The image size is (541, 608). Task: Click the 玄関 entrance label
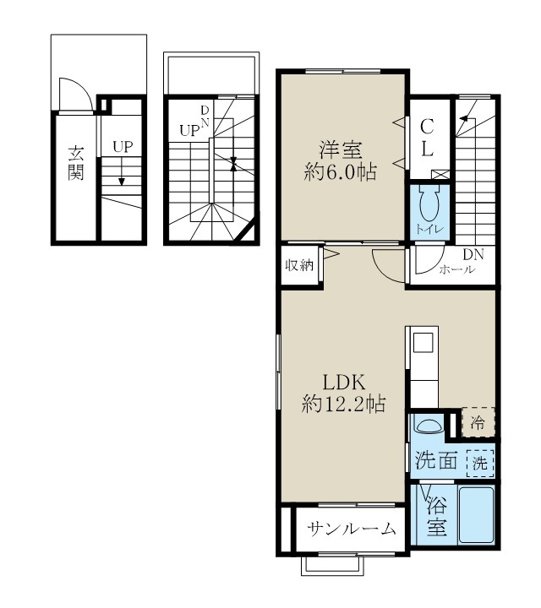[x=75, y=167]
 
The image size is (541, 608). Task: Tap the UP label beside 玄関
[x=123, y=146]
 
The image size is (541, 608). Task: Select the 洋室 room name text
[x=340, y=152]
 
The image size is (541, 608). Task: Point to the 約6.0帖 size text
[x=340, y=173]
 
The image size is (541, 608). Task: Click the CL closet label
[x=428, y=138]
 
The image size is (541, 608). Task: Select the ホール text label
[x=456, y=270]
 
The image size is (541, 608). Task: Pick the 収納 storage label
[x=298, y=265]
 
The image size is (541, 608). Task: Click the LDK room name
[x=342, y=381]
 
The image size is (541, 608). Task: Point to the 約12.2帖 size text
[x=343, y=404]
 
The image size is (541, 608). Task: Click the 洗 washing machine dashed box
[x=479, y=462]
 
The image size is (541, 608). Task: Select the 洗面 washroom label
[x=437, y=461]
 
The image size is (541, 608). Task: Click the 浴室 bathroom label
[x=436, y=517]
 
